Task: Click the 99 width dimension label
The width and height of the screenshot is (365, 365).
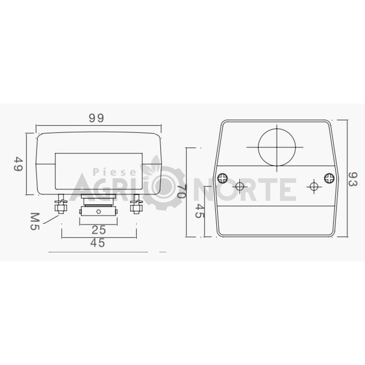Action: pos(96,118)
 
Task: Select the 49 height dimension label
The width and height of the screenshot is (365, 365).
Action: pos(18,164)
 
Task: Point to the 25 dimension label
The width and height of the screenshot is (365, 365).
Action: pos(99,230)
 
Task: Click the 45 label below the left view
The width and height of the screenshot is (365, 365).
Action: pos(98,243)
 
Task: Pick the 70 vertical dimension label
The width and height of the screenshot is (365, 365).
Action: pos(181,191)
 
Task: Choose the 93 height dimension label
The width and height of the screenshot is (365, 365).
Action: pos(353,179)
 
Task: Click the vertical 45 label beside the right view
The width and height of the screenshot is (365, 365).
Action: pos(199,211)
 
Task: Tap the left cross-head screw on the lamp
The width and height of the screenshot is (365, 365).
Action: pos(223,178)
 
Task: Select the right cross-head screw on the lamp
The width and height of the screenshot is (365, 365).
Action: pos(329,178)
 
